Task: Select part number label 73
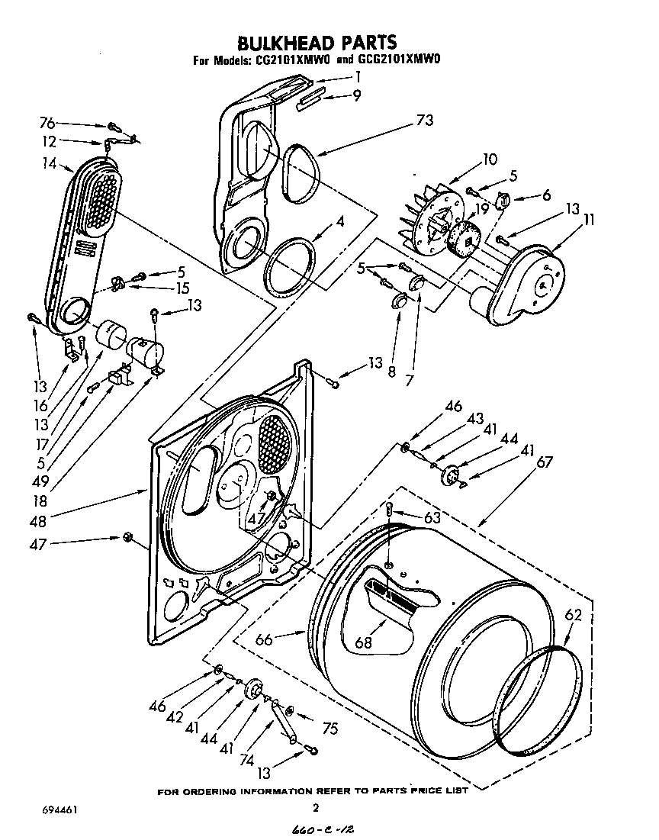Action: [425, 120]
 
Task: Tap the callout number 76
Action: [48, 123]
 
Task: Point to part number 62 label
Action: [573, 615]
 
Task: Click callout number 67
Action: [523, 462]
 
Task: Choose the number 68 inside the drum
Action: [364, 642]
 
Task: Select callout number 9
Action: [356, 95]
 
